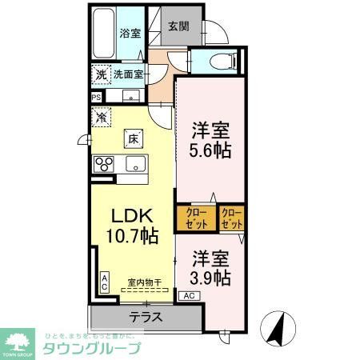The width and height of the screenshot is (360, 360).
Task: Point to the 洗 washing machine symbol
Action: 101,74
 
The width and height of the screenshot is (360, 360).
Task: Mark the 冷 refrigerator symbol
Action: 102,118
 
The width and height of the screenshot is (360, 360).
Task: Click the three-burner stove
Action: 104,165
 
